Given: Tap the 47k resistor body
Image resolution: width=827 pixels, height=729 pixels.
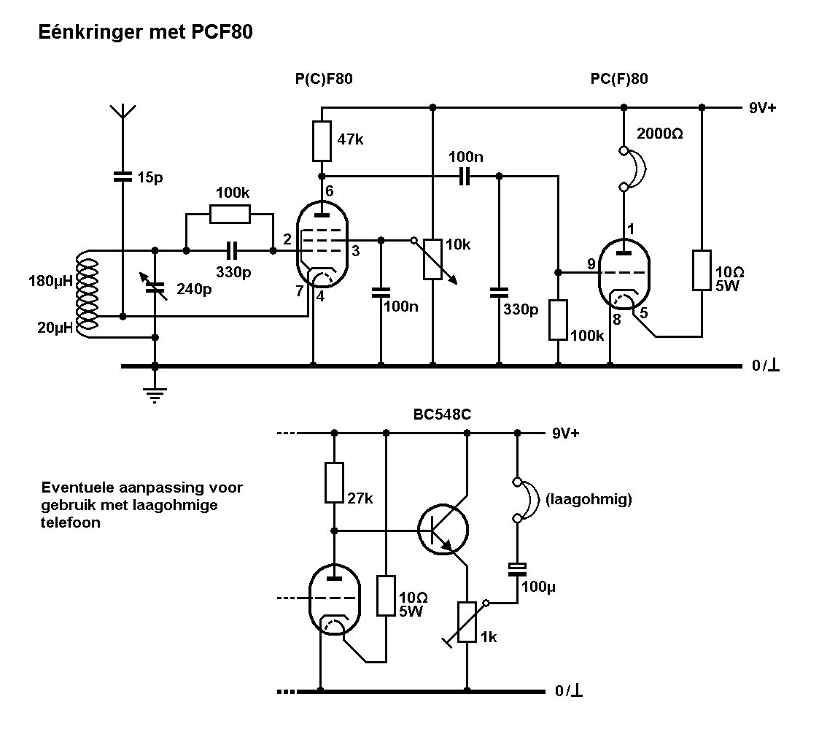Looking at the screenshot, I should click(x=322, y=141).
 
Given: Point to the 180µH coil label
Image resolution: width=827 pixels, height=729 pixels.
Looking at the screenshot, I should click(x=50, y=280).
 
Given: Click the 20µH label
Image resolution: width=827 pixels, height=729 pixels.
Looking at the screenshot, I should click(x=55, y=328).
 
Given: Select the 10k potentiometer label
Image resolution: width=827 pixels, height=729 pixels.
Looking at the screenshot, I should click(x=458, y=245).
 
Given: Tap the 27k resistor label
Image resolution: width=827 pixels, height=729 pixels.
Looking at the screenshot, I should click(x=360, y=499).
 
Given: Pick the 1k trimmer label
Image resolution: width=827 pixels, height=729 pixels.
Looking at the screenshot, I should click(x=489, y=636).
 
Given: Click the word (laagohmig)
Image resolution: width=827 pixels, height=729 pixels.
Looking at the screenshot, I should click(x=588, y=500).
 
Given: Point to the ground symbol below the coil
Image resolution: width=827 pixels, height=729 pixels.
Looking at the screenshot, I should click(x=155, y=397).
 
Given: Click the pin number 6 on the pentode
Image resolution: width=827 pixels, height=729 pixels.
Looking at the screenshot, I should click(x=330, y=190).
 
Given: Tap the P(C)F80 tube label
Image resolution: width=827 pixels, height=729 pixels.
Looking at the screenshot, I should click(x=324, y=80).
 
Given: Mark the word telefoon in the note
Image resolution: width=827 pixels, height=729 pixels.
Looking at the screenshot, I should click(x=71, y=522).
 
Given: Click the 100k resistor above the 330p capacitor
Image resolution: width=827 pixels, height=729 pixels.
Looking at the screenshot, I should click(x=230, y=214).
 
